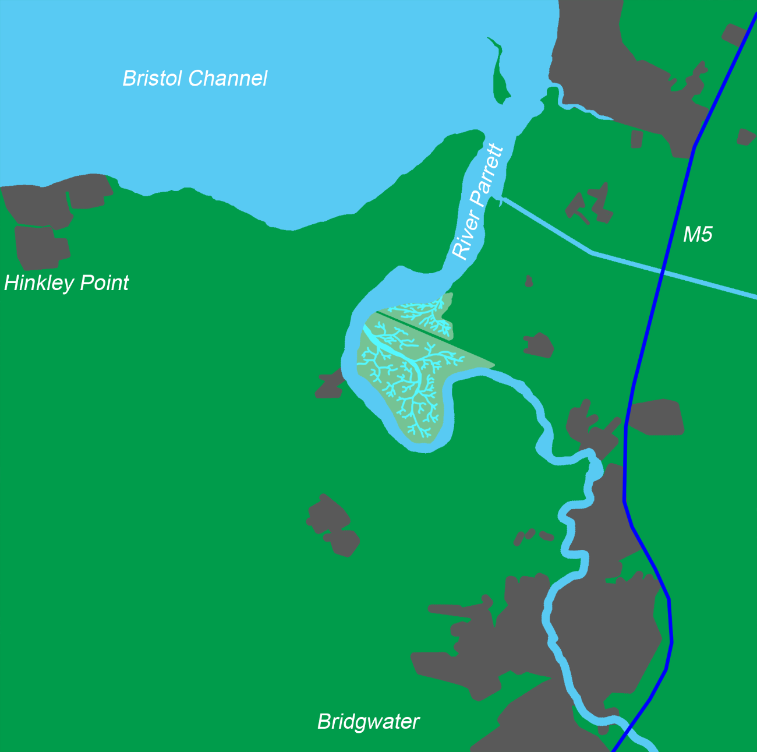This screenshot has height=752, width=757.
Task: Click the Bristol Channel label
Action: click(194, 78)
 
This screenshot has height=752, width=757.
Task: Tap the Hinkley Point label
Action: click(66, 283)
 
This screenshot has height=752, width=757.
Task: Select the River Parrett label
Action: click(477, 202)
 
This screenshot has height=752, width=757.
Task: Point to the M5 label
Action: click(697, 235)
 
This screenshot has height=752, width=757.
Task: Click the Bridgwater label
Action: click(368, 722)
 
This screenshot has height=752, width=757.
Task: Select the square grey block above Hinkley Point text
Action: click(41, 248)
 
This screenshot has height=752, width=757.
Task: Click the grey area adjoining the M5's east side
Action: click(655, 417)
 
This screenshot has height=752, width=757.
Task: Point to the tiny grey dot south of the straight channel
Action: click(528, 281)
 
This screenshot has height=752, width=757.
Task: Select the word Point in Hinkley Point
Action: click(104, 283)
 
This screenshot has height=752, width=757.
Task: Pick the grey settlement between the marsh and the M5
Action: click(538, 345)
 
